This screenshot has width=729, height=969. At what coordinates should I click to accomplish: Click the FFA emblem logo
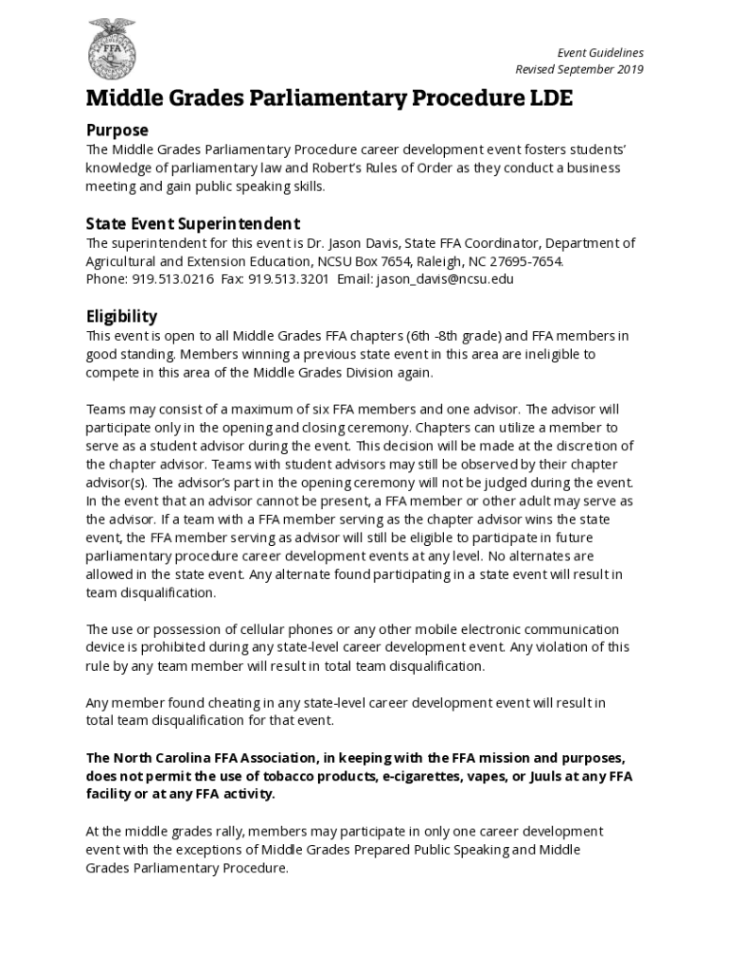click(x=112, y=49)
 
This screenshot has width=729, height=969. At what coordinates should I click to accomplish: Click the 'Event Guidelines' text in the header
click(x=600, y=53)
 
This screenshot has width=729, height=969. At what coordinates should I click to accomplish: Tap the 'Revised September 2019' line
click(x=579, y=70)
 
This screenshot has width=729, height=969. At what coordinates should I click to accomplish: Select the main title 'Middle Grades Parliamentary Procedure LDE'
click(x=329, y=98)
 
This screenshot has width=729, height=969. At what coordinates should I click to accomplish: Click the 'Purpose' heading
click(x=117, y=130)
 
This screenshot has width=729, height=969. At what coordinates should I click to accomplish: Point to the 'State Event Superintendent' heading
click(x=193, y=224)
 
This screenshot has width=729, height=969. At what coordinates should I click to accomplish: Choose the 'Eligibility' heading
click(x=121, y=316)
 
